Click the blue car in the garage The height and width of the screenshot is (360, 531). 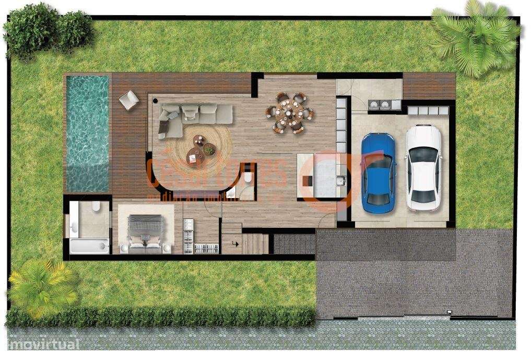pos(378,172)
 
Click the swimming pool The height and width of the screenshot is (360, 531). pos(87,133)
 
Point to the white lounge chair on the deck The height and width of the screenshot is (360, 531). pos(128,99)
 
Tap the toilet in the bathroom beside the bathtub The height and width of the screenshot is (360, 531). pos(96,207)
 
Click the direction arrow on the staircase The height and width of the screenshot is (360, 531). pos(235,242)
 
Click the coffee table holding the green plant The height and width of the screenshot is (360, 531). pos(209,149)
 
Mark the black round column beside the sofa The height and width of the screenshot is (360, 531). pos(155,98)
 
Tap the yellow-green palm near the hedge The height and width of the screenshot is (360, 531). pos(41,282)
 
